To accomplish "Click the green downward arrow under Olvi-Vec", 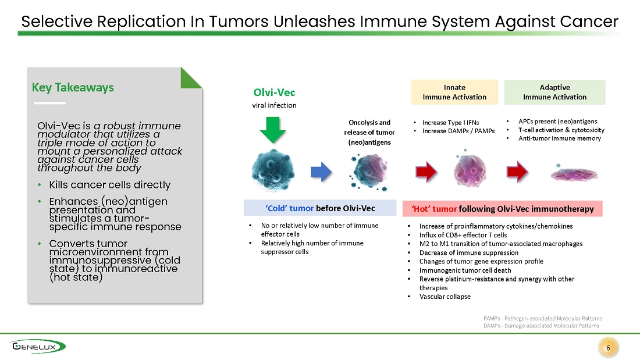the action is pyautogui.click(x=273, y=130).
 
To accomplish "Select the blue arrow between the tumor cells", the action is pyautogui.click(x=321, y=172).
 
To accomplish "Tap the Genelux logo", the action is pyautogui.click(x=38, y=347).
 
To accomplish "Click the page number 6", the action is pyautogui.click(x=608, y=348).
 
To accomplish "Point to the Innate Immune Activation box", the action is pyautogui.click(x=454, y=92).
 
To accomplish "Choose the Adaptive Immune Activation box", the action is pyautogui.click(x=554, y=92).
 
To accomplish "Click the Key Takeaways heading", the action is pyautogui.click(x=73, y=87).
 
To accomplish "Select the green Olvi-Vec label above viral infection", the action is pyautogui.click(x=274, y=92).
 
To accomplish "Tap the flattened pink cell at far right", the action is pyautogui.click(x=574, y=174).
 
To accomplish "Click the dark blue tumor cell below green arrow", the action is pyautogui.click(x=273, y=170).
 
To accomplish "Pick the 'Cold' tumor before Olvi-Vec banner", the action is pyautogui.click(x=320, y=208).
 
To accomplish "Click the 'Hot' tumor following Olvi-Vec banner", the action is pyautogui.click(x=503, y=209).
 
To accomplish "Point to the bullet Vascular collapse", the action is pyautogui.click(x=445, y=297).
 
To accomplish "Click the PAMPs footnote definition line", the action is pyautogui.click(x=542, y=318).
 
